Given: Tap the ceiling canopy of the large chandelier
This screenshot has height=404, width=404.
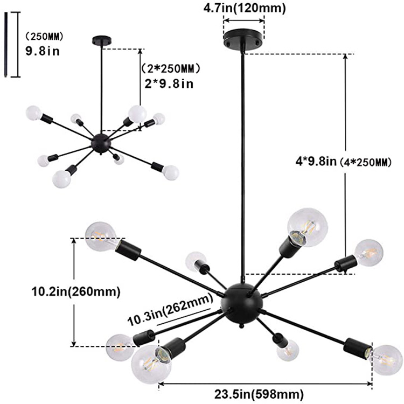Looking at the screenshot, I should coord(243,41).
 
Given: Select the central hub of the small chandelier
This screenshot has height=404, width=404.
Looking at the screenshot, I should coord(100,143).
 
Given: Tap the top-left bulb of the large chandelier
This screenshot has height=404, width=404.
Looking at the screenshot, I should coord(100,236).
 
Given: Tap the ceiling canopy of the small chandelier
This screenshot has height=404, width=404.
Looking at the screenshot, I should coord(100,40).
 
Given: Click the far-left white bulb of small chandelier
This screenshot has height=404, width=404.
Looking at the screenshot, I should coord(33,113).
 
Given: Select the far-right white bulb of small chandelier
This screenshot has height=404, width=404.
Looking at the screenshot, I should coord(170,172).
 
